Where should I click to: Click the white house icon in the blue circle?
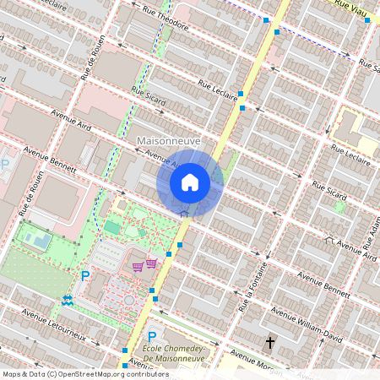pyautogui.click(x=190, y=182)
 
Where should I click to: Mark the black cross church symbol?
pyautogui.click(x=270, y=343)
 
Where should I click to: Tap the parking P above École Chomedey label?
pyautogui.click(x=152, y=336)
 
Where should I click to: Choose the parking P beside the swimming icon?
pyautogui.click(x=85, y=275)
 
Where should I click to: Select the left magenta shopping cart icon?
pyautogui.click(x=138, y=267)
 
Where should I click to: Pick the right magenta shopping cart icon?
pyautogui.click(x=151, y=263)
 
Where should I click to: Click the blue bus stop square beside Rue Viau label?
pyautogui.click(x=366, y=20)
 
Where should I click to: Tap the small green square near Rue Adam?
pyautogui.click(x=340, y=206)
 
